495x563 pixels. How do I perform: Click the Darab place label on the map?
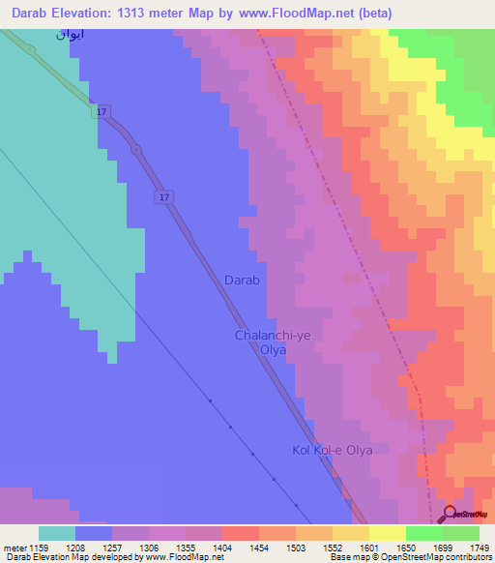(x=242, y=280)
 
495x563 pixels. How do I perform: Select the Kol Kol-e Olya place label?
(x=332, y=450)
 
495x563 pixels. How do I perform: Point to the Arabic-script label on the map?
(x=69, y=35)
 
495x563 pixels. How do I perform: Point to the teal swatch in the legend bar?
(x=56, y=533)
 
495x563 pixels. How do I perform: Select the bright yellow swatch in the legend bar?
(x=387, y=533)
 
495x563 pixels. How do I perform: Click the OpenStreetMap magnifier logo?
(x=449, y=514)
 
